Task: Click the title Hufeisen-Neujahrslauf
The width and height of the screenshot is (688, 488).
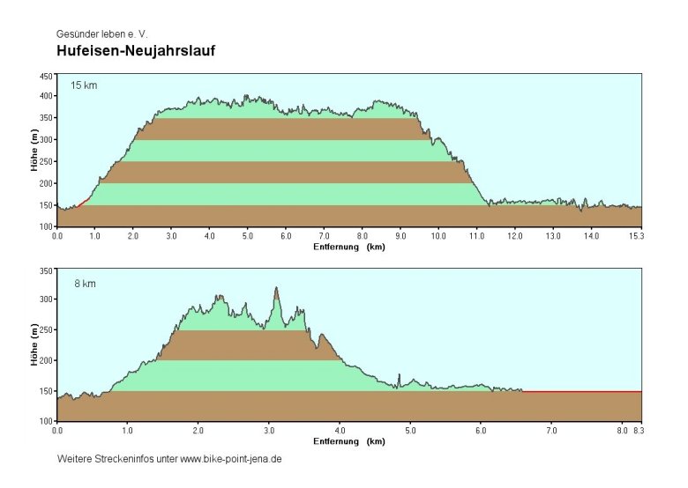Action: pyautogui.click(x=136, y=52)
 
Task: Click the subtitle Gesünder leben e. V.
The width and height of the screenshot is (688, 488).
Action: pyautogui.click(x=101, y=34)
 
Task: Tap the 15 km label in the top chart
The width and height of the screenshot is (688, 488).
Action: pyautogui.click(x=85, y=85)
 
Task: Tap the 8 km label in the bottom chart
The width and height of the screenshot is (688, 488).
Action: pyautogui.click(x=85, y=283)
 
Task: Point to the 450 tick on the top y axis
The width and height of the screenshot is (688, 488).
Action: pyautogui.click(x=46, y=76)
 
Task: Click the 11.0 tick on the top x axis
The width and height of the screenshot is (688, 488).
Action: pyautogui.click(x=477, y=236)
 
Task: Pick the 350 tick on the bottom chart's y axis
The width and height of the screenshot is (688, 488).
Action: pyautogui.click(x=46, y=270)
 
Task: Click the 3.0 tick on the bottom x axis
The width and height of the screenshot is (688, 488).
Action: pyautogui.click(x=269, y=431)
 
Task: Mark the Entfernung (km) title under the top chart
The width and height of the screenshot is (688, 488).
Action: pyautogui.click(x=349, y=247)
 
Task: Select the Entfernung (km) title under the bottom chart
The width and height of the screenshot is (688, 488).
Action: pyautogui.click(x=349, y=441)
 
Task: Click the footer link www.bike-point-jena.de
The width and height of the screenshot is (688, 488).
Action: pyautogui.click(x=230, y=460)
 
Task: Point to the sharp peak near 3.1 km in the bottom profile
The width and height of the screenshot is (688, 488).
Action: pyautogui.click(x=276, y=288)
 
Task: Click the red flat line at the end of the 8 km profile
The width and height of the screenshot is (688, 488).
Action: pyautogui.click(x=582, y=391)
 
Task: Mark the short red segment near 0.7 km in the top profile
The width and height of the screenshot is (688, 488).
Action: pyautogui.click(x=84, y=203)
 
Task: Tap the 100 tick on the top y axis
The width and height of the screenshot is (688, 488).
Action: pyautogui.click(x=46, y=226)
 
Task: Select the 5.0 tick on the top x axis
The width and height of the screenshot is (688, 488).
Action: pyautogui.click(x=248, y=236)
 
